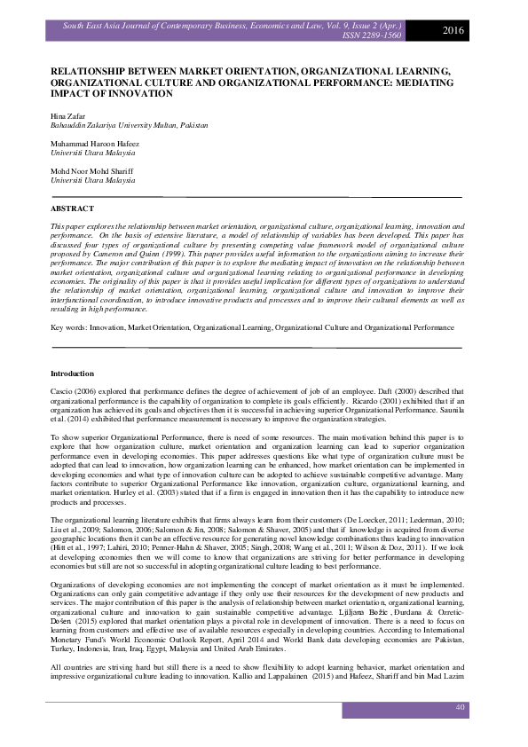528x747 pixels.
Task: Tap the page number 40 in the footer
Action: click(460, 707)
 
